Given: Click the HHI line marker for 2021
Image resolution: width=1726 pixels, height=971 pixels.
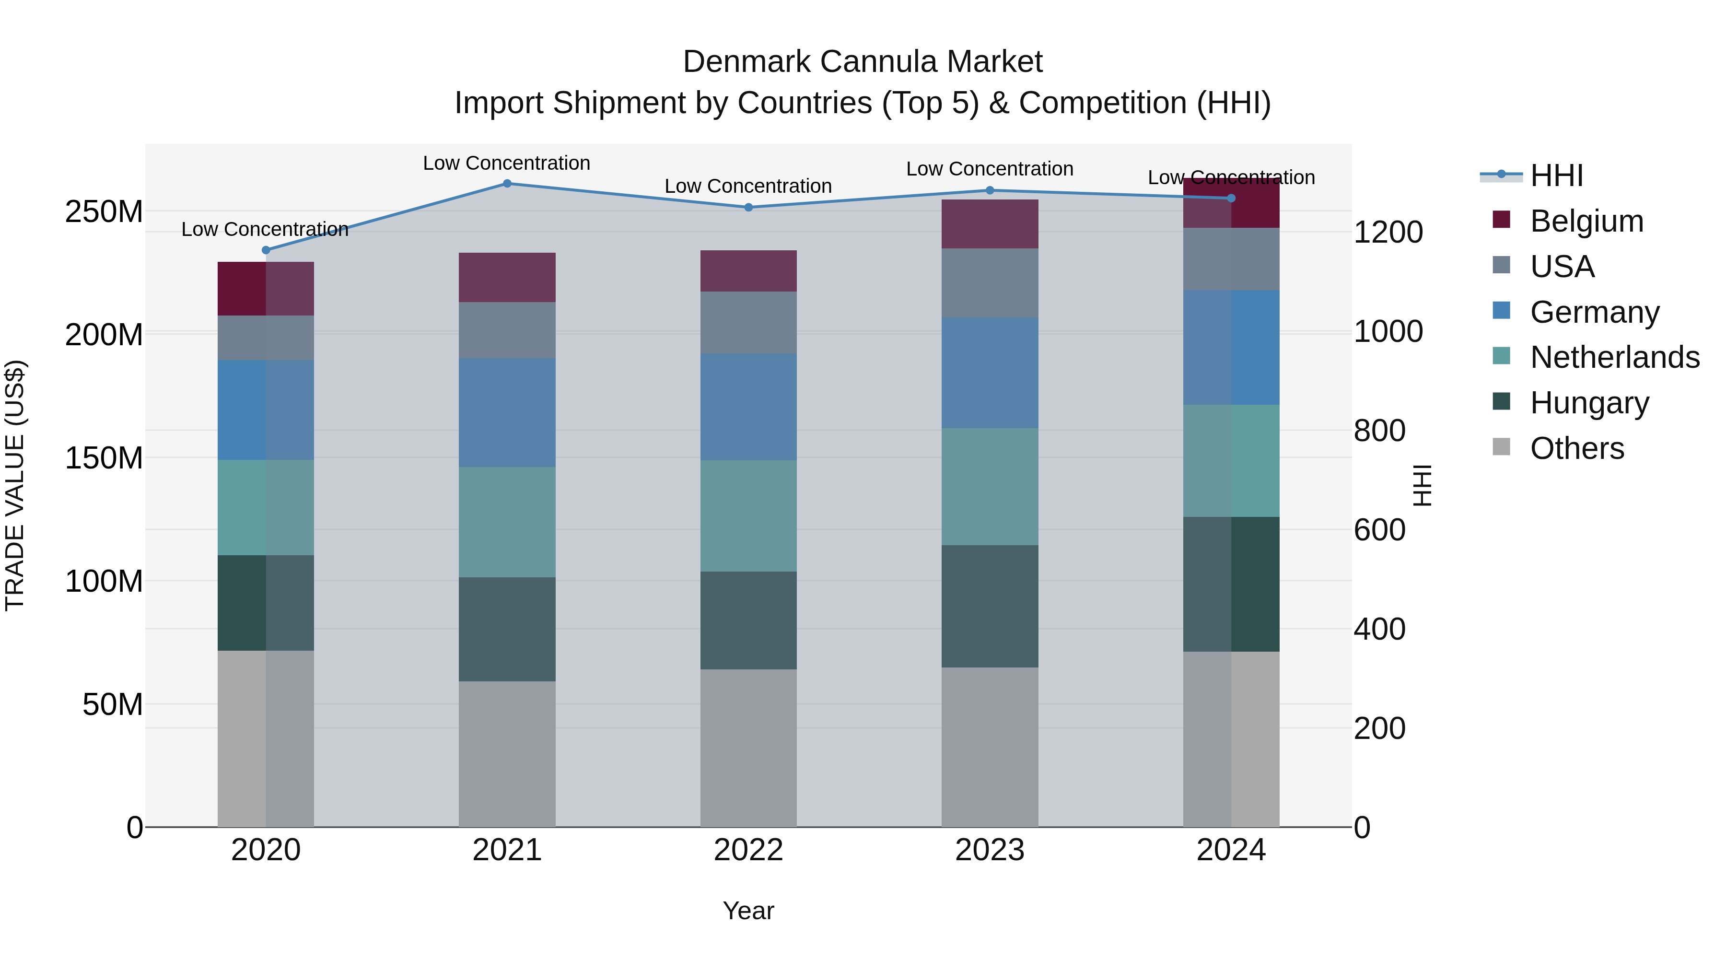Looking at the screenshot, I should coord(507,184).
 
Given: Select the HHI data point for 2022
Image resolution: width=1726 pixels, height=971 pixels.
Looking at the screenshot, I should coord(748,207).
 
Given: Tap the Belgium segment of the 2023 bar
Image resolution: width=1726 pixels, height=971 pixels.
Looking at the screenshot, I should coord(990,224).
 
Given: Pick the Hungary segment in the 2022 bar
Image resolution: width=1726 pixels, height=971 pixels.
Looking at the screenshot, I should coord(748,620).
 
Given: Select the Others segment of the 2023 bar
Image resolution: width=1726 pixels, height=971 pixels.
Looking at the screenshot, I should coord(990,747).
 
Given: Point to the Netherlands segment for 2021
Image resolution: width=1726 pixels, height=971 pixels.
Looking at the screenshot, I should coord(507,522).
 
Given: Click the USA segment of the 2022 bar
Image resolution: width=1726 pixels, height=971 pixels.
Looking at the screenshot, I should coord(748,322).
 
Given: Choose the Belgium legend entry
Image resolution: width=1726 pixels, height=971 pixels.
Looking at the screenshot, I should coord(1586,221).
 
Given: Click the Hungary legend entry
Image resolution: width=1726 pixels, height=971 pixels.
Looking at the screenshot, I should coord(1589,403).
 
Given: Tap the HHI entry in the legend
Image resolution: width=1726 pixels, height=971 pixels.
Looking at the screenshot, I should coord(1556,175).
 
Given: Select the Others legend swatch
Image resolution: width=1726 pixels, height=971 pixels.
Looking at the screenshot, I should coord(1502,447).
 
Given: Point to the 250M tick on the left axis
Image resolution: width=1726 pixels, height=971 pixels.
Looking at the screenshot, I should coord(104,212).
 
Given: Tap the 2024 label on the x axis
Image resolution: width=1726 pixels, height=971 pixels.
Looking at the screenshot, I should coord(1231,850).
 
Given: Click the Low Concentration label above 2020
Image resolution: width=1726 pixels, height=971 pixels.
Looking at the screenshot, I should coord(265,229).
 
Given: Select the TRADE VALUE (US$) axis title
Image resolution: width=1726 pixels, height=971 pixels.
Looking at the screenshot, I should coord(15,485).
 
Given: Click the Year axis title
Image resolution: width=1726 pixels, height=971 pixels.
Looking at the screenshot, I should coord(748,911).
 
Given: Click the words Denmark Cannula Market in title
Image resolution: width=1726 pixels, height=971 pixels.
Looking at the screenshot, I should coord(863,62).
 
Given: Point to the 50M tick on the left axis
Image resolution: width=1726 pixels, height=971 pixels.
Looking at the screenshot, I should coord(113,704).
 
